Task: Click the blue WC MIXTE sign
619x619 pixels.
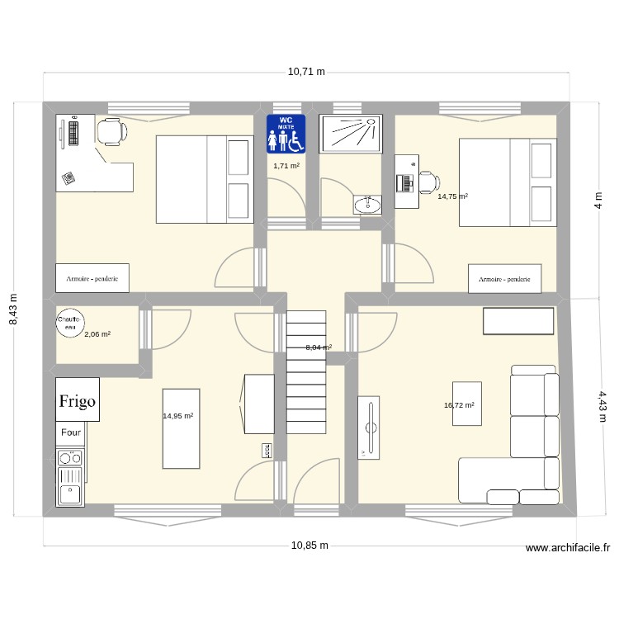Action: point(286,134)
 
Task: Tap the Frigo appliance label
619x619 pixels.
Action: point(77,401)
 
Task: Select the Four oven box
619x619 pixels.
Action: point(70,432)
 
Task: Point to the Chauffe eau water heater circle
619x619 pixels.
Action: point(69,322)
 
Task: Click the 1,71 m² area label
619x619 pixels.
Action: point(286,166)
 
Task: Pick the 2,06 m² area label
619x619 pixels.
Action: point(97,333)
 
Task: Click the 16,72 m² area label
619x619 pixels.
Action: point(459,405)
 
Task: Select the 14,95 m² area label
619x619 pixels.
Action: point(178,416)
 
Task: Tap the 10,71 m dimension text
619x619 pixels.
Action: point(306,72)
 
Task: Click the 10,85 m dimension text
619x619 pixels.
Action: point(309,546)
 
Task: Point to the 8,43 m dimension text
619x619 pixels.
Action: point(13,309)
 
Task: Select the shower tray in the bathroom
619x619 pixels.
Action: point(351,133)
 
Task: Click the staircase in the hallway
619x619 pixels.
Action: point(306,371)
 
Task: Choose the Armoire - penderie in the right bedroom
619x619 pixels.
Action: point(504,279)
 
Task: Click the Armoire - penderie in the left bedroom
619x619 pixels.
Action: point(92,279)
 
